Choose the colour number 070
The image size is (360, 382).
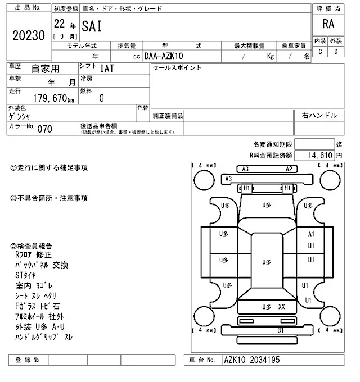point(44,129)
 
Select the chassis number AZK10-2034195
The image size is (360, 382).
point(251,360)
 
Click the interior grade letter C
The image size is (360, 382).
point(320,52)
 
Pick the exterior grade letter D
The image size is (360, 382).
point(336,52)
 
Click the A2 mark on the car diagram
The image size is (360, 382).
point(289,169)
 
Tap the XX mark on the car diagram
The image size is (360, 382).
point(282,307)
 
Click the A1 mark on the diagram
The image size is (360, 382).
point(310,233)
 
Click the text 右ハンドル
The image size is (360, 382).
point(319,116)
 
